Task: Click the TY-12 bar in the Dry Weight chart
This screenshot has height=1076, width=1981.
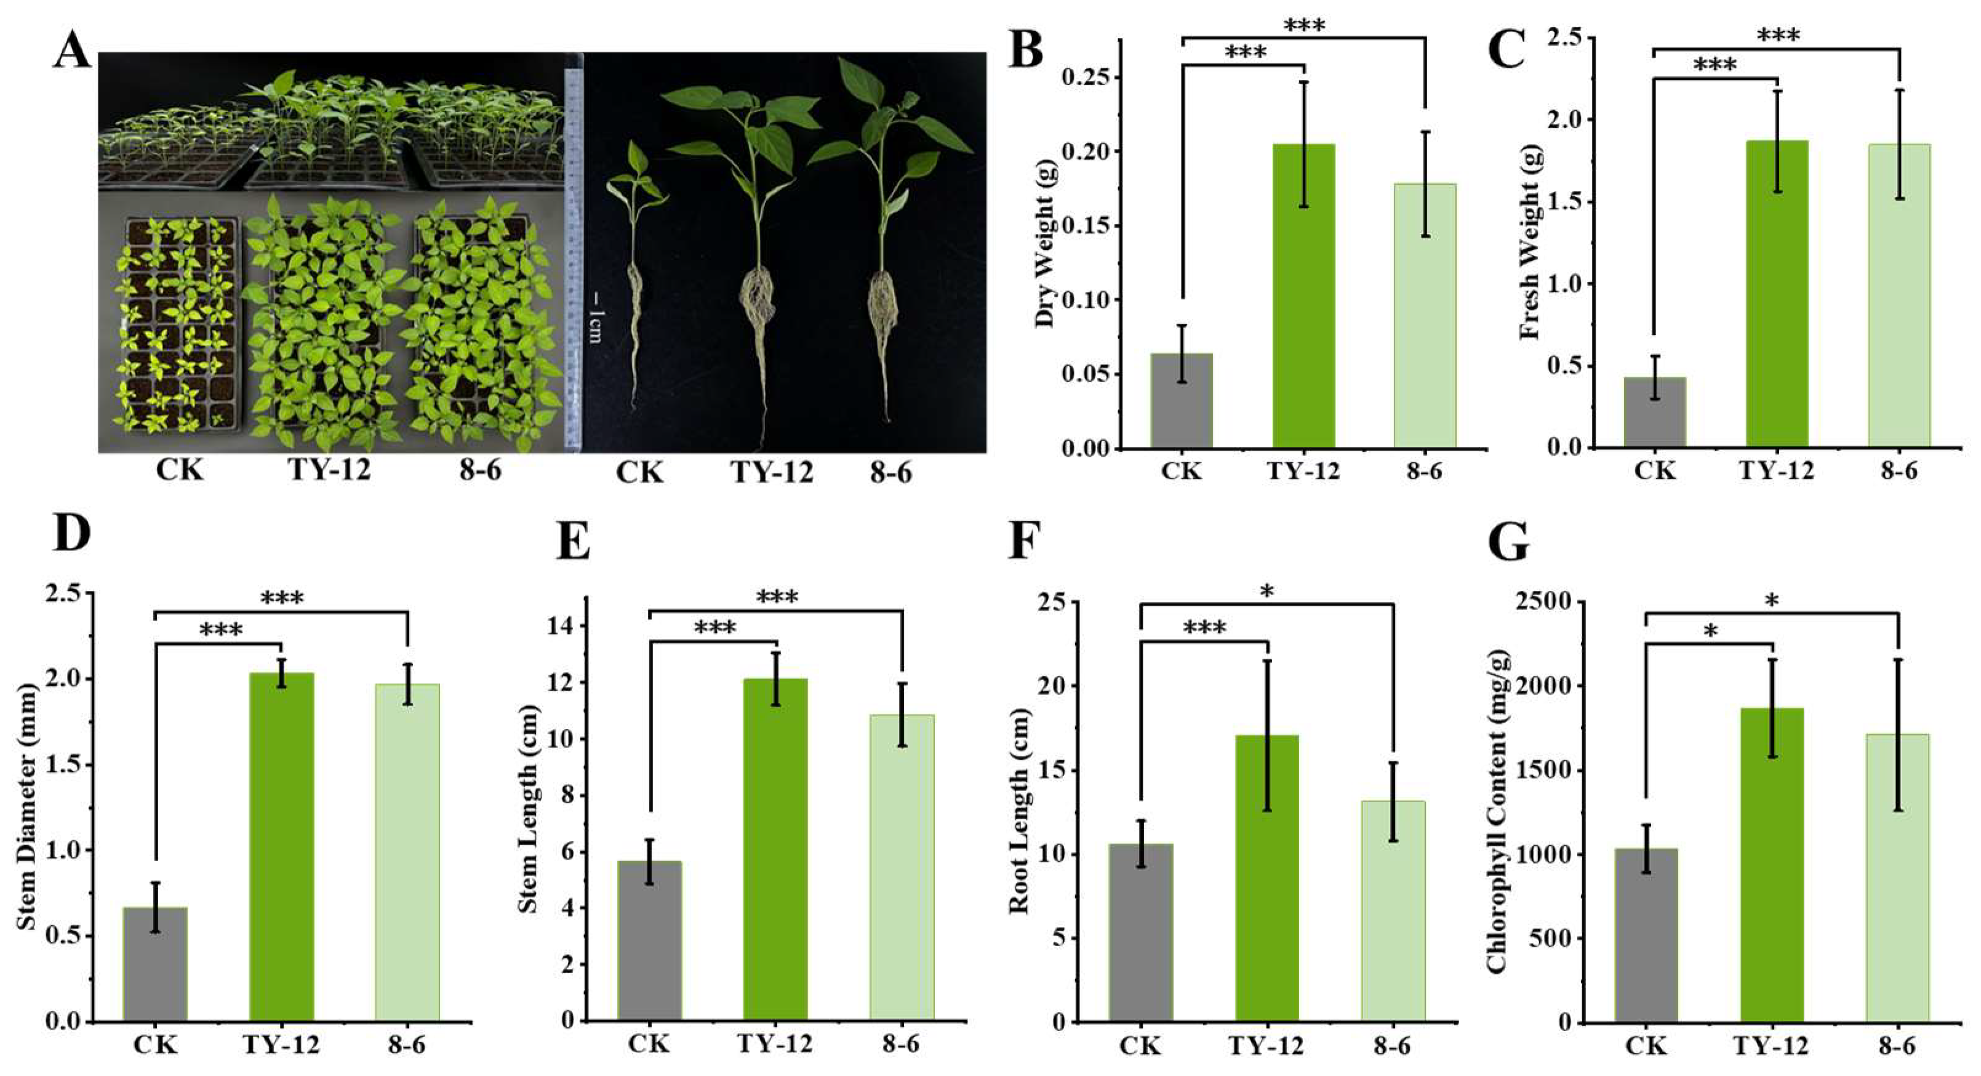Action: pyautogui.click(x=1303, y=296)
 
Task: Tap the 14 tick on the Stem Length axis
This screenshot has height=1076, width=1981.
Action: pyautogui.click(x=567, y=627)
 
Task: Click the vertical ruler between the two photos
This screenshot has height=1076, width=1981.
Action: pyautogui.click(x=573, y=254)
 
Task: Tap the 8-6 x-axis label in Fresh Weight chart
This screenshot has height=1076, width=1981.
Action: pyautogui.click(x=1899, y=469)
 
